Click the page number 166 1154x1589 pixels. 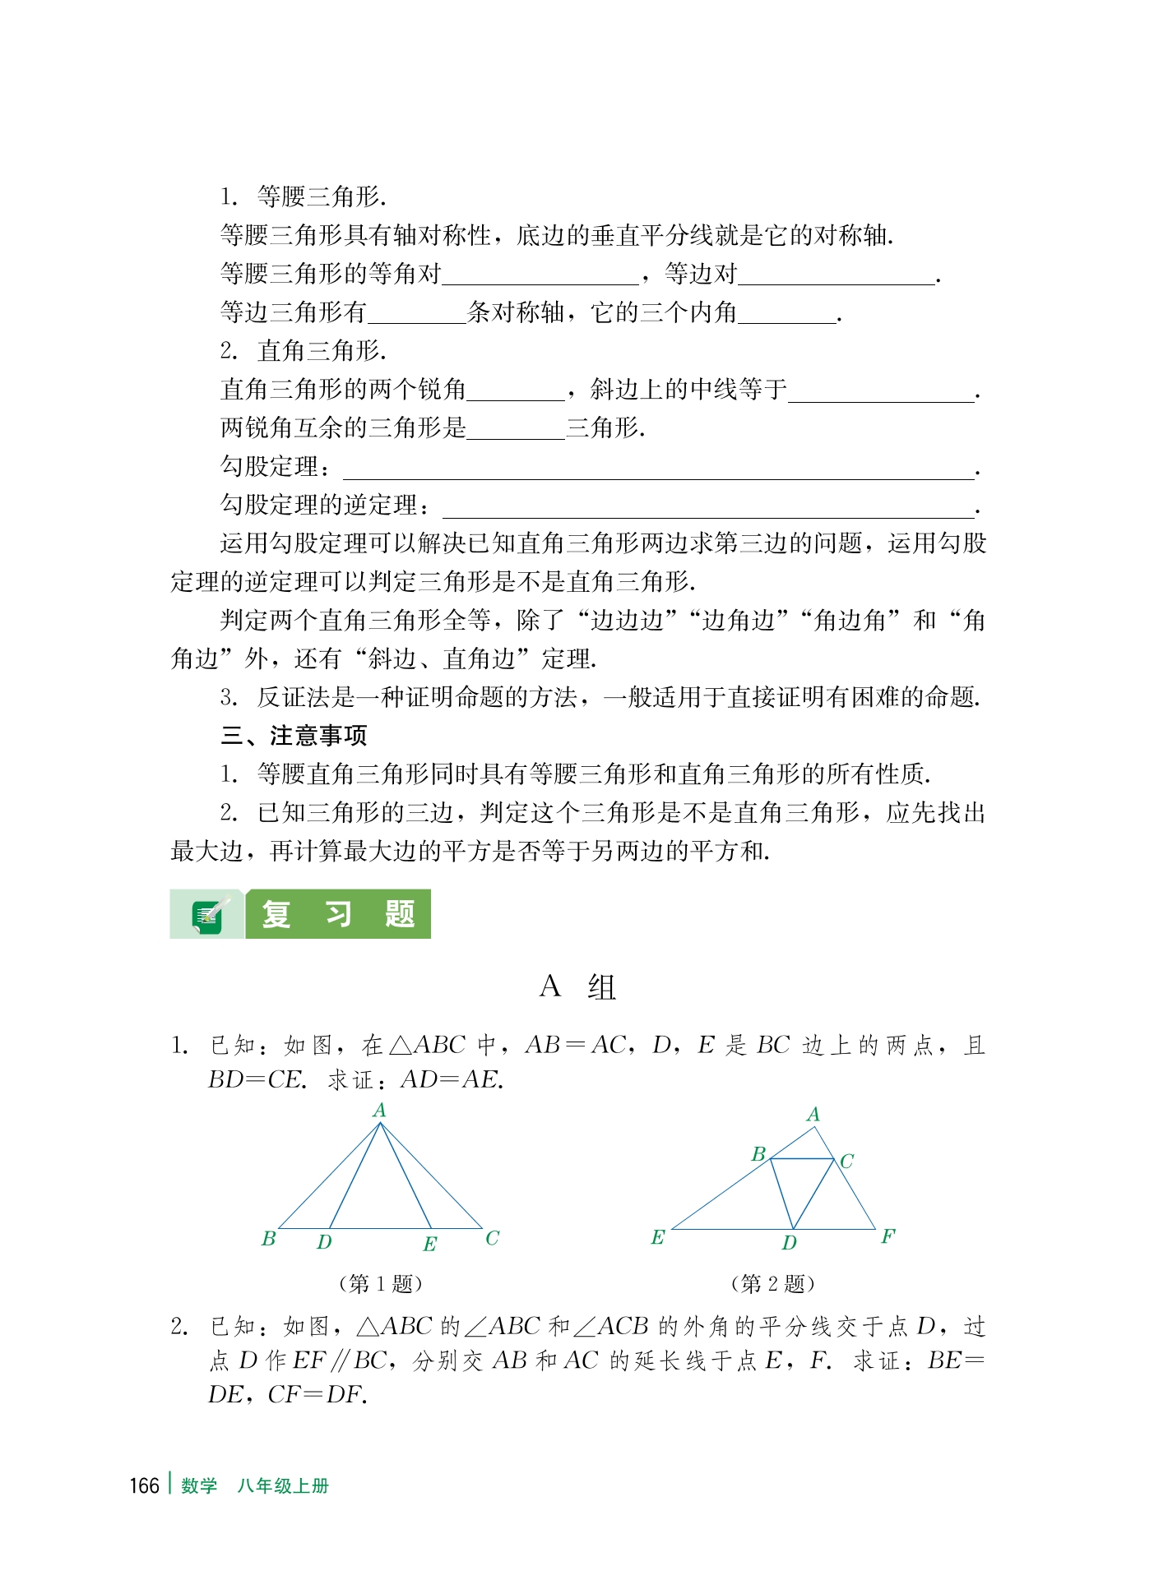(144, 1486)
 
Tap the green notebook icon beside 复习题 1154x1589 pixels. (207, 915)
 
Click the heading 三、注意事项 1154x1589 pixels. (294, 736)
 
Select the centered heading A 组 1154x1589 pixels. (577, 986)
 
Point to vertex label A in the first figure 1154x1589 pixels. (379, 1111)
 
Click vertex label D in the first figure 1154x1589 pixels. (324, 1242)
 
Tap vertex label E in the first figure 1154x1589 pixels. (429, 1245)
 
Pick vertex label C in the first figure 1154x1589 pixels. (492, 1238)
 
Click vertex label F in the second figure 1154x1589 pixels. (888, 1236)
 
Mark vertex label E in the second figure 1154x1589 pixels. (657, 1237)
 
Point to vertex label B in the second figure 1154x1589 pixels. (758, 1154)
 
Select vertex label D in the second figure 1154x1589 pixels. (789, 1243)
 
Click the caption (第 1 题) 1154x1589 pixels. (381, 1283)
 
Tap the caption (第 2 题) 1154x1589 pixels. (772, 1283)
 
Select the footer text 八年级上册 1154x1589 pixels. (283, 1486)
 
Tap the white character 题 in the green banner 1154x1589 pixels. (400, 914)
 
